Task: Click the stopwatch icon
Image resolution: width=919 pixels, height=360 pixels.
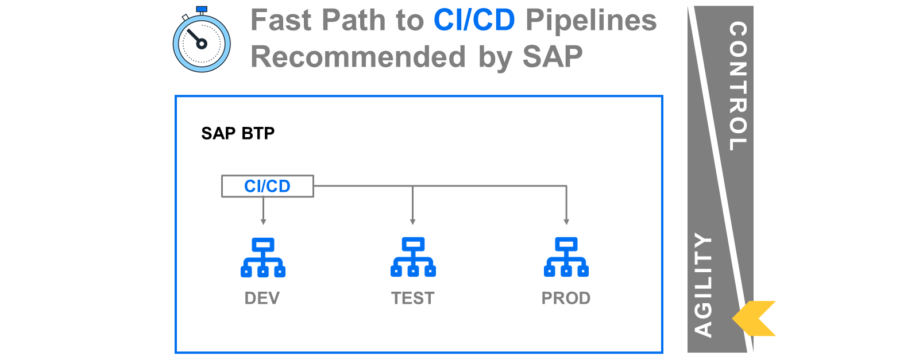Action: (x=202, y=40)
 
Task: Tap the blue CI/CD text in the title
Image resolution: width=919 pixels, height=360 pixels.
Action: (x=474, y=20)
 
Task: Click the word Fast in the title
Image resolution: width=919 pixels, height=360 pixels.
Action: (x=281, y=20)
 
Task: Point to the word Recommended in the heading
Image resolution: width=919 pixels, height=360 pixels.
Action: (x=358, y=57)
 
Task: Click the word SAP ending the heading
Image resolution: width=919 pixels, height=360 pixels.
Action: (x=553, y=57)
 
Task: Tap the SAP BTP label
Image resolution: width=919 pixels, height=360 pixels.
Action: (x=238, y=133)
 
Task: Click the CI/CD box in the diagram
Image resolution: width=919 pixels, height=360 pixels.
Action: (x=268, y=186)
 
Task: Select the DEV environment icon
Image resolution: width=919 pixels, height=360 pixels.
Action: (x=263, y=257)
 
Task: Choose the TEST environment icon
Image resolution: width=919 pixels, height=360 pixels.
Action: (x=413, y=257)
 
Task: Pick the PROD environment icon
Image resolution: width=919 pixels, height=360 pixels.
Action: (x=566, y=257)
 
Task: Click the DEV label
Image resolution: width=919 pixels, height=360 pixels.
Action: (x=262, y=298)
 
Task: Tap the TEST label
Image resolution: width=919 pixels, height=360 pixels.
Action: (x=413, y=298)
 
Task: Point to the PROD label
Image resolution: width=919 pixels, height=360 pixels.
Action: (x=566, y=298)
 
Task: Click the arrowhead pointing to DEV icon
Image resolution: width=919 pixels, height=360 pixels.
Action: (x=264, y=222)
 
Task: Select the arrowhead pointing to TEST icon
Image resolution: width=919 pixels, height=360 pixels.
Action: (x=413, y=222)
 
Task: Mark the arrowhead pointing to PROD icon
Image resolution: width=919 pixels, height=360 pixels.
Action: (x=566, y=222)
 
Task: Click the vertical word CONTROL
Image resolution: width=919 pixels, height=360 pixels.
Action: (x=738, y=86)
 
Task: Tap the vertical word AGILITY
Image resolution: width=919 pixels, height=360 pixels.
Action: (x=703, y=285)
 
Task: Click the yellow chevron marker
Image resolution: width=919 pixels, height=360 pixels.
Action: (x=754, y=319)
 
